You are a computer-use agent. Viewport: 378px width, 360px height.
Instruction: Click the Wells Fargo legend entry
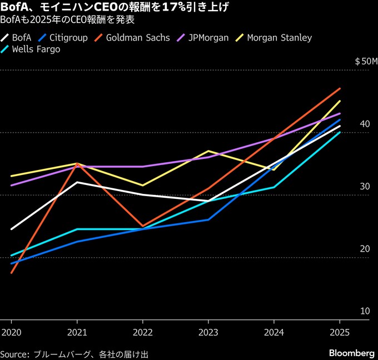(38, 49)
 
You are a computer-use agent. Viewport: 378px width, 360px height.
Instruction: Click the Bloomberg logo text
(352, 353)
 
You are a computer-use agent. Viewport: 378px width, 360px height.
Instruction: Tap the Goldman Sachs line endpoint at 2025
(340, 89)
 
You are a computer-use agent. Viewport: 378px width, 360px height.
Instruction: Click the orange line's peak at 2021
(77, 164)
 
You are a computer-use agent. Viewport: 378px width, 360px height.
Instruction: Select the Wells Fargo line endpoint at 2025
(340, 132)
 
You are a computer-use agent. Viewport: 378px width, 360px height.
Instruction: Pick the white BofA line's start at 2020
(11, 229)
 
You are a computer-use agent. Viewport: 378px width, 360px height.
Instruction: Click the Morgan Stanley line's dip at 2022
(143, 185)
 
